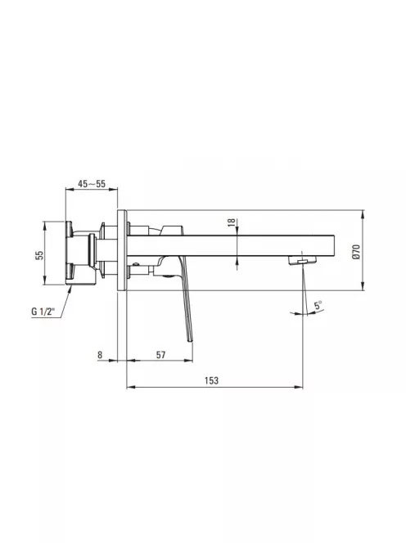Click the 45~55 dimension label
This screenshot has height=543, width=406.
click(x=92, y=183)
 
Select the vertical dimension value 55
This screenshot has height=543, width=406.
click(x=40, y=255)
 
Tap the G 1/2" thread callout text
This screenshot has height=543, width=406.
click(x=43, y=311)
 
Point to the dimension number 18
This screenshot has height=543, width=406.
click(x=232, y=222)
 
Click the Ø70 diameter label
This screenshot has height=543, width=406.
click(x=356, y=252)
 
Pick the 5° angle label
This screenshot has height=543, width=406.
click(x=318, y=306)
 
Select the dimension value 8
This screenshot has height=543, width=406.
click(x=100, y=355)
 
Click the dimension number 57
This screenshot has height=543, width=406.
click(x=160, y=355)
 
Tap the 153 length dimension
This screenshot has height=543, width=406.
click(x=211, y=380)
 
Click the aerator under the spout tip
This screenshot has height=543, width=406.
click(x=302, y=260)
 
